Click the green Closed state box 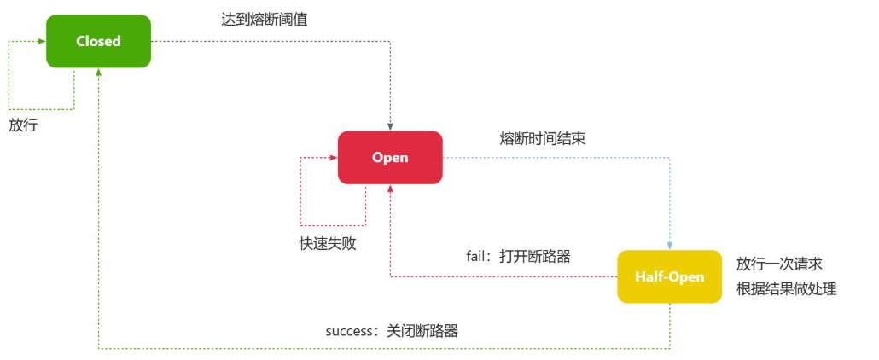pos(98,41)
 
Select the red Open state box pos(390,157)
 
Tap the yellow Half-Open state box pos(670,276)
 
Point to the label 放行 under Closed pos(24,125)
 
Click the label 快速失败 pos(328,243)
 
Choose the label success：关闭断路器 pos(392,331)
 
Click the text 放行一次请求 pos(779,264)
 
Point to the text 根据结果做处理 pos(786,288)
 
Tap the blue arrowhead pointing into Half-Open pos(670,246)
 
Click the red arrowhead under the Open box pos(390,189)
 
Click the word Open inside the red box pos(390,157)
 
